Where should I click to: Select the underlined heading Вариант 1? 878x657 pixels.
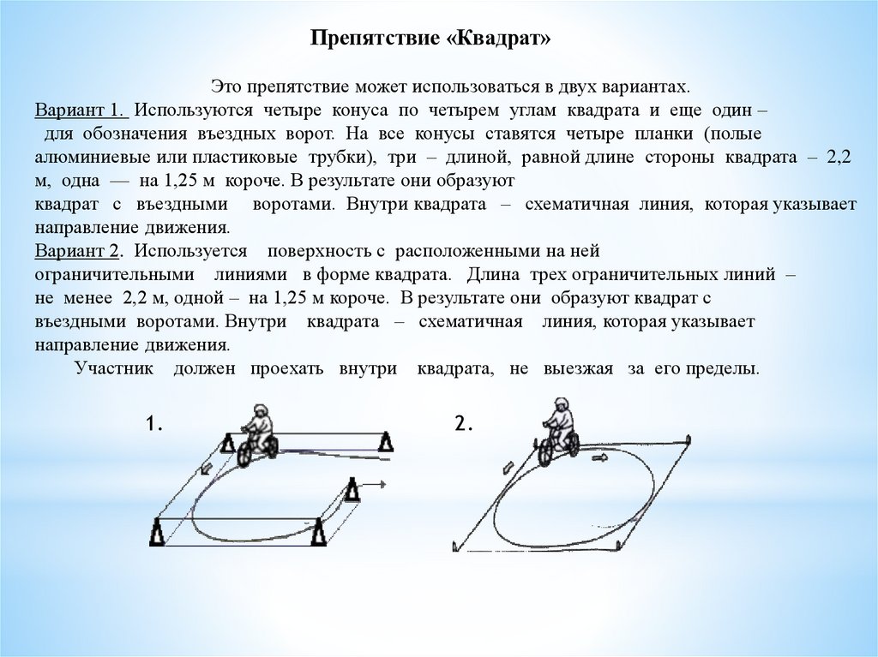coord(81,112)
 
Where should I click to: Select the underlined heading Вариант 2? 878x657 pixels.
coord(81,252)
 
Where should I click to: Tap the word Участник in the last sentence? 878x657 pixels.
coord(113,369)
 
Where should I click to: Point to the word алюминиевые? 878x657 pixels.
coord(87,158)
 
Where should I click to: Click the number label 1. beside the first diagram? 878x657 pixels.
coord(155,424)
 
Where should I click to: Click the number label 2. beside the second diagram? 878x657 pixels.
coord(464,424)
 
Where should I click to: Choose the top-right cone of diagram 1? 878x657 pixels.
coord(386,442)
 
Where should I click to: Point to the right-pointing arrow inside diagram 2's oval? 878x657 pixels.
coord(598,459)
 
